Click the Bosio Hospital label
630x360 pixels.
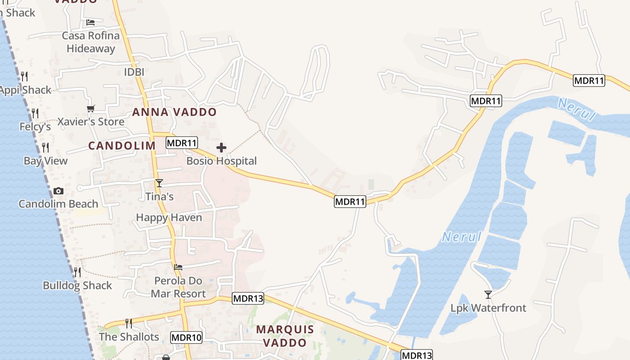(221, 161)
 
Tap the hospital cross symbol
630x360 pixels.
(221, 148)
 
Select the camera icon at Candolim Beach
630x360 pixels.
(58, 191)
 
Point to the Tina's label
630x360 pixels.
(159, 197)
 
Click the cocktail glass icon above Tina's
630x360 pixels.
(159, 183)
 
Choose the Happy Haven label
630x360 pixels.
(169, 218)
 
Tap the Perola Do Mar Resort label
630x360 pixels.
(178, 287)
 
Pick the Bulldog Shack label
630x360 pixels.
(77, 285)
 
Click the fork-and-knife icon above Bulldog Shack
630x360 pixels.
(77, 272)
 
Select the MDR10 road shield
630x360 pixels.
(187, 337)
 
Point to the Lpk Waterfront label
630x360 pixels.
(488, 308)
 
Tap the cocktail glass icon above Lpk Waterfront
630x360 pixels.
(488, 295)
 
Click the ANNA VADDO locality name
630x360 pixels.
(174, 112)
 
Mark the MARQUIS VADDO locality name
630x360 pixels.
(285, 336)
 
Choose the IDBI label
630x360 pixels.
(134, 72)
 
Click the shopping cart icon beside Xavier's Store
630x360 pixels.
(91, 108)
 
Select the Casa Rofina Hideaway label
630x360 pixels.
(91, 42)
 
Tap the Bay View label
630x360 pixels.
(45, 161)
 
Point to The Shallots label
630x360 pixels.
(129, 337)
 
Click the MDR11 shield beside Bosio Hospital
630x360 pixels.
(182, 143)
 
